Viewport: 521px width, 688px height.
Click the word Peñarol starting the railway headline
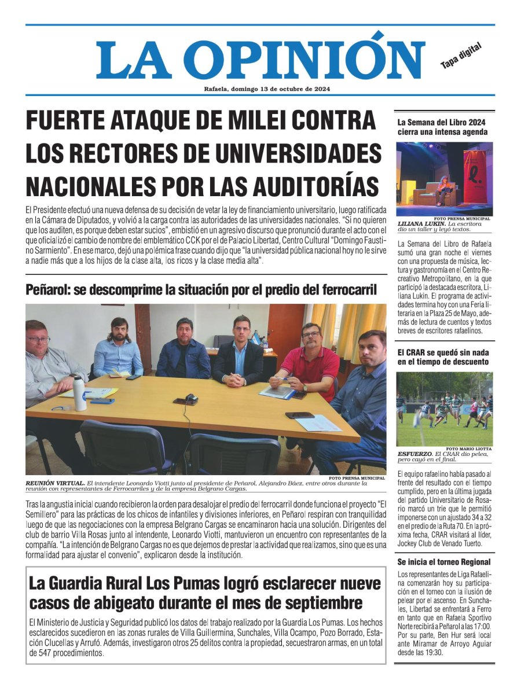tap(48, 289)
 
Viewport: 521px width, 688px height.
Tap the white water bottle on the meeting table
tap(80, 393)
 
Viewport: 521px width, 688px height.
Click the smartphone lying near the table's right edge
tap(299, 415)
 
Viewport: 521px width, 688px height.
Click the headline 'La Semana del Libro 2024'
tap(441, 123)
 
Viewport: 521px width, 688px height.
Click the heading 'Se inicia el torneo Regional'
tap(444, 562)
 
